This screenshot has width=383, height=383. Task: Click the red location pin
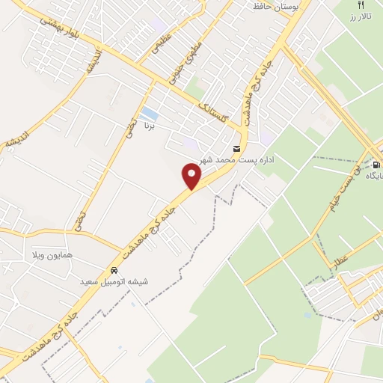point(192,176)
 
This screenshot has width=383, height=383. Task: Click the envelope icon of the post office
point(236,149)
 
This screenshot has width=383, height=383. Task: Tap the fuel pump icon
point(376,164)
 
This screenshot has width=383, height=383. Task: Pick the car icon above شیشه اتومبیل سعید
point(114,270)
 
